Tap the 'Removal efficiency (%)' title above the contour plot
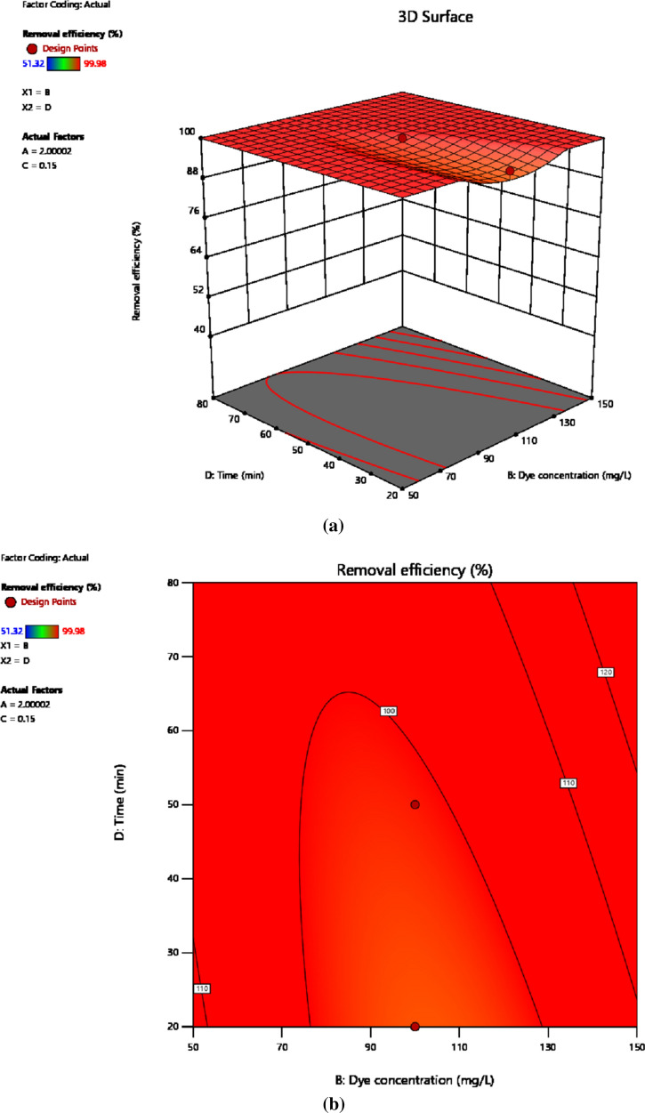(415, 569)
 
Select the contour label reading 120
(606, 673)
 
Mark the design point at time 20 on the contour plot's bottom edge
(415, 1026)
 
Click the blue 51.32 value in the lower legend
(13, 630)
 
